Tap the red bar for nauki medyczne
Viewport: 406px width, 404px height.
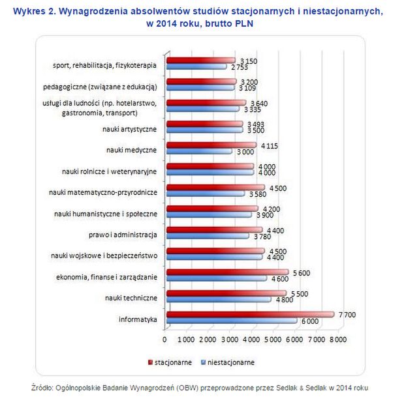click(x=211, y=145)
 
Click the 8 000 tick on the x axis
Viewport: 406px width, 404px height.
click(x=337, y=339)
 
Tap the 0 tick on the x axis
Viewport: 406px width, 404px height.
click(x=164, y=339)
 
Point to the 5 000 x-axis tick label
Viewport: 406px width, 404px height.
click(x=273, y=339)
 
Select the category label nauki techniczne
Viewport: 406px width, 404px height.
click(x=131, y=298)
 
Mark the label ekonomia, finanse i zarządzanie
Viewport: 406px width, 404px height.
click(x=107, y=276)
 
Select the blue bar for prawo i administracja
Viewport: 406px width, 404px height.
click(x=207, y=236)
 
